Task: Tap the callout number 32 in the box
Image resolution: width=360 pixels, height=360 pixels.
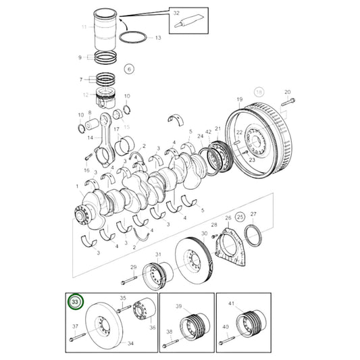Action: [x=176, y=12]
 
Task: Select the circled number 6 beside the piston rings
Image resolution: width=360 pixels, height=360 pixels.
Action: [x=130, y=68]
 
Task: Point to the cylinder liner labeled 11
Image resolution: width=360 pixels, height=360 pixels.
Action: [x=111, y=31]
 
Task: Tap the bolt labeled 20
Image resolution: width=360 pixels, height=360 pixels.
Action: [x=284, y=103]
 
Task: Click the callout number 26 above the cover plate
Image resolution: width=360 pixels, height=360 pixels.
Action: [x=228, y=217]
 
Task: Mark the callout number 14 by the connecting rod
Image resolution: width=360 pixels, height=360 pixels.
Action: [x=89, y=137]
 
